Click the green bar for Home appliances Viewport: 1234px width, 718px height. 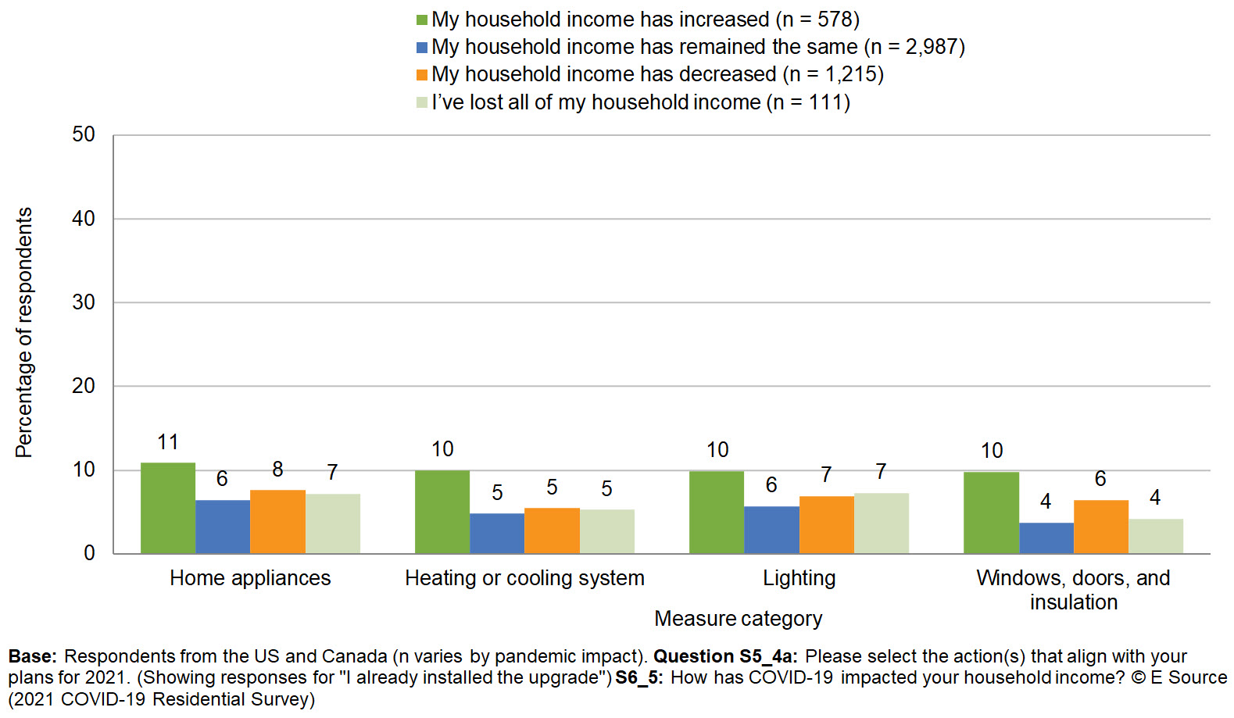(x=168, y=508)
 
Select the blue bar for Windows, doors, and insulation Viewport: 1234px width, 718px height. (x=1046, y=538)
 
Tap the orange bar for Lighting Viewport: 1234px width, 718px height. (x=826, y=525)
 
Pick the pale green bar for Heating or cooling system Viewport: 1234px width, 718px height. (x=606, y=531)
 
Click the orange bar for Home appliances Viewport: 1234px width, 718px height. (x=277, y=522)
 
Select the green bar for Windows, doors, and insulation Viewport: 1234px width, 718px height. (x=991, y=513)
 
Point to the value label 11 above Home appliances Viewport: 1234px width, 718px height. (x=168, y=442)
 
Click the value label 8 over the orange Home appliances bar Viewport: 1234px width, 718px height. (x=277, y=470)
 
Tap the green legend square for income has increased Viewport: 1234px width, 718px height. (x=422, y=20)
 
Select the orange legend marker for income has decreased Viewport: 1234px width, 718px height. (x=422, y=75)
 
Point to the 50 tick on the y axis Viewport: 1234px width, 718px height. (x=84, y=134)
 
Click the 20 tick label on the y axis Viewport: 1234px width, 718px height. (x=84, y=386)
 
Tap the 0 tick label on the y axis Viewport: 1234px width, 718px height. (x=89, y=553)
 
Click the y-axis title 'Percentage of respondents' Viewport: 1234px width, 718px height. (x=24, y=332)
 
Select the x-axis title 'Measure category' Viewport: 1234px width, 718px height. (x=738, y=619)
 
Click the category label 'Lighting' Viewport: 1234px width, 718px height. (x=799, y=578)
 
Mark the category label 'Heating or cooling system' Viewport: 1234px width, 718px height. (x=524, y=578)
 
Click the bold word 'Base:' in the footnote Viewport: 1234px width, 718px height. (x=32, y=656)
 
